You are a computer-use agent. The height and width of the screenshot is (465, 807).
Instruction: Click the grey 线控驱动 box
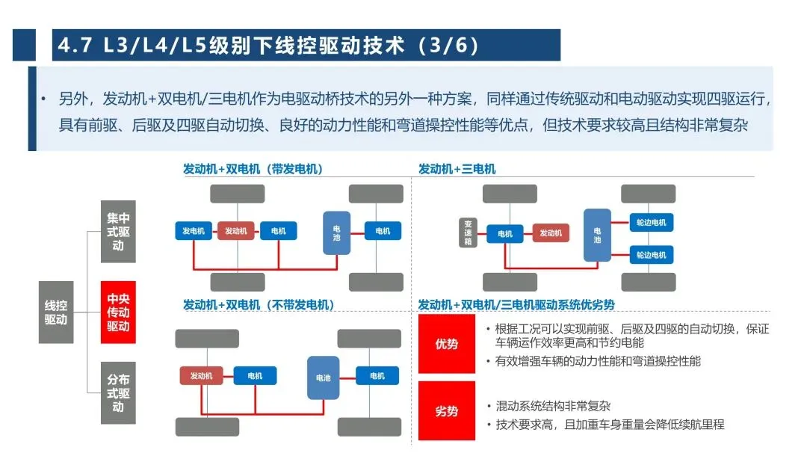[x=56, y=312]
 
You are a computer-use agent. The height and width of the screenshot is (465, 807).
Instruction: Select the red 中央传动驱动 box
[x=118, y=312]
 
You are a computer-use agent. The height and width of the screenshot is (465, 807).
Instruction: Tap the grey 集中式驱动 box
[x=118, y=231]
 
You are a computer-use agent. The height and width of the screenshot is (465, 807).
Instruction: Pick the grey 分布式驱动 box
[x=118, y=393]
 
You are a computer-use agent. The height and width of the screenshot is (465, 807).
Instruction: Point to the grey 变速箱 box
[x=468, y=232]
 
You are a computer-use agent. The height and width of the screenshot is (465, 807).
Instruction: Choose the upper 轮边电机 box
[x=651, y=222]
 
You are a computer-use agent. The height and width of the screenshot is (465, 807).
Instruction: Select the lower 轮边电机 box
[x=651, y=254]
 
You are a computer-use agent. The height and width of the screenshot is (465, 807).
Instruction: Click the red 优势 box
[x=446, y=344]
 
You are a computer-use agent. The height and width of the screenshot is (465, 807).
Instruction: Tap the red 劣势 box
[x=446, y=410]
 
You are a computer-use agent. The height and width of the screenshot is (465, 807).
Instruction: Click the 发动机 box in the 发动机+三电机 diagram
[x=550, y=233]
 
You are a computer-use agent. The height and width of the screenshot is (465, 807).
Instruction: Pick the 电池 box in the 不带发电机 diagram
[x=324, y=378]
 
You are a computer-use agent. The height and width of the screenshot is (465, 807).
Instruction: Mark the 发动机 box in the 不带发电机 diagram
[x=201, y=376]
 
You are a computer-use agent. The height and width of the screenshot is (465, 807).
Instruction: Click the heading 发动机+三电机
[x=457, y=169]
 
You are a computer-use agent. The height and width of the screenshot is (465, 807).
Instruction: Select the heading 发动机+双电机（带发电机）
[x=253, y=169]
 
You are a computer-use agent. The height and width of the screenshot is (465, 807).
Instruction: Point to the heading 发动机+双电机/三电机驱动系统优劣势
[x=516, y=305]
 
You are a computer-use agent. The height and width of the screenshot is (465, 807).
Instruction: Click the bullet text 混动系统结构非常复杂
[x=553, y=406]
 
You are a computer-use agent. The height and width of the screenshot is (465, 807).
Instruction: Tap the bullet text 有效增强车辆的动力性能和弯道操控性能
[x=598, y=361]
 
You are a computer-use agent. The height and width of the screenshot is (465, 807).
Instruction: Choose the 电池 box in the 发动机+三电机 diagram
[x=597, y=235]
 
